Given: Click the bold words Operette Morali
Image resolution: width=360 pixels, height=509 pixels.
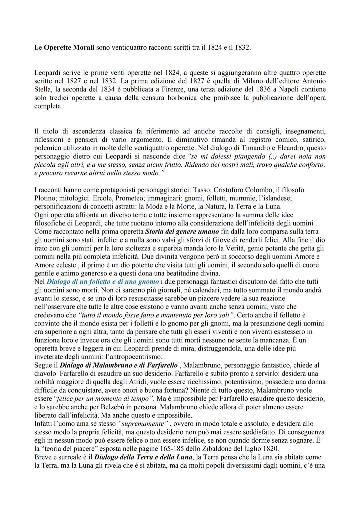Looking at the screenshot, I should pyautogui.click(x=69, y=48).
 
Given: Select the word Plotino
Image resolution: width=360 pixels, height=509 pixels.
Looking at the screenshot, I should pyautogui.click(x=44, y=198).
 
